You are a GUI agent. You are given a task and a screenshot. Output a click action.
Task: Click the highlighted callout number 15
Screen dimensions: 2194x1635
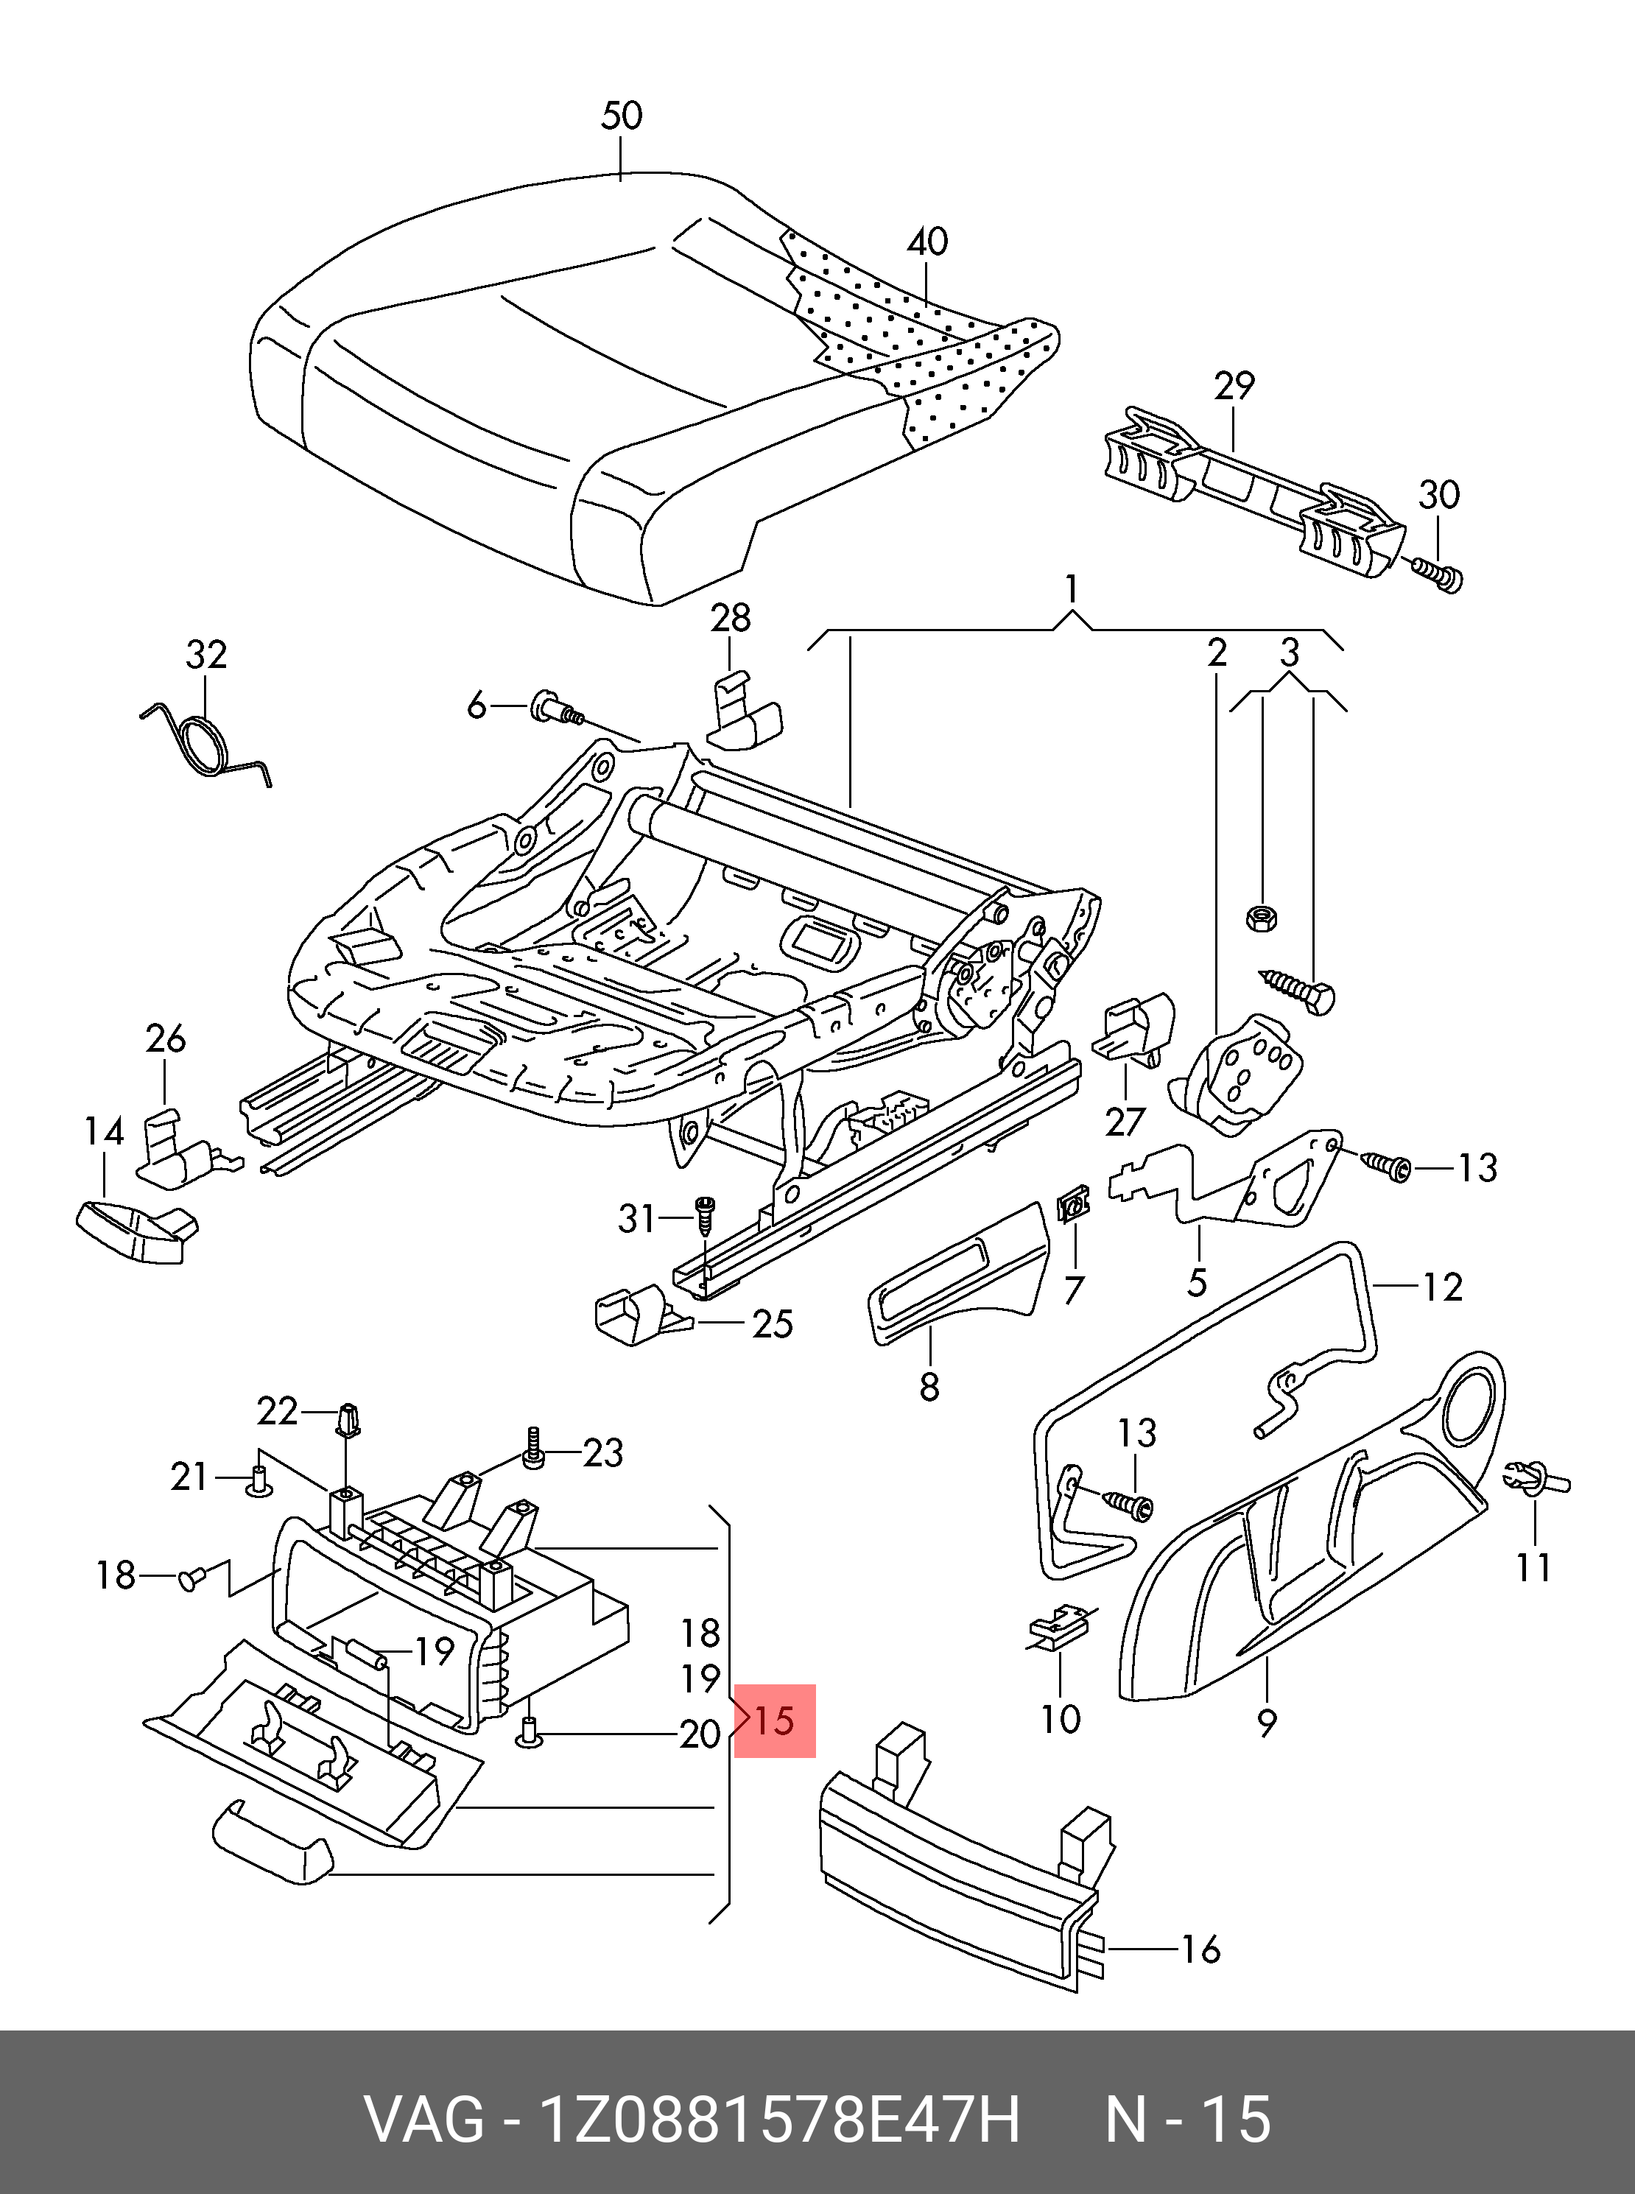774,1722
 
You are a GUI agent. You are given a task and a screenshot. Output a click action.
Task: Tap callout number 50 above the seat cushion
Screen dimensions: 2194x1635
622,117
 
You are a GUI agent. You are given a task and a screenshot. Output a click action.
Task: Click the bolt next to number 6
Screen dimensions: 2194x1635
558,706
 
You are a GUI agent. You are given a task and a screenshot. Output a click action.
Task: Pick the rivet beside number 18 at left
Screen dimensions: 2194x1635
191,1578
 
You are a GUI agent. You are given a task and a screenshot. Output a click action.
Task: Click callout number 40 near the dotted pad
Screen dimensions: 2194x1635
927,242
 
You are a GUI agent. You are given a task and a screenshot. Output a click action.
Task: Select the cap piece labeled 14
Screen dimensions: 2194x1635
133,1227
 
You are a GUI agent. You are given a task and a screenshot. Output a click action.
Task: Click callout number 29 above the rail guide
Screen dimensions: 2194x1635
1233,386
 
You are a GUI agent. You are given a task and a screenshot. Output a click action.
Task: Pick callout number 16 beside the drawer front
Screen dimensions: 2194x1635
1200,1949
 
